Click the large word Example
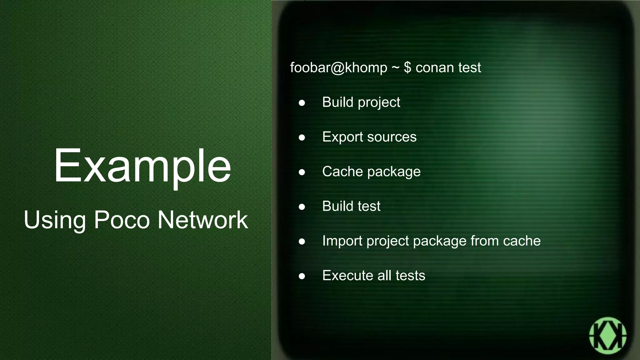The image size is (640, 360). click(x=142, y=166)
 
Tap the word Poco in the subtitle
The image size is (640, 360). click(x=122, y=220)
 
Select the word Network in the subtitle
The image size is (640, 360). click(x=202, y=220)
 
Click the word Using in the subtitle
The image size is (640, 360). click(x=55, y=220)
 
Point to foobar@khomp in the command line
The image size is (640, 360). click(x=339, y=67)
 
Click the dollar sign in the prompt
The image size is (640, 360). click(x=407, y=67)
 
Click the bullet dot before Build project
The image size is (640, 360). click(x=302, y=103)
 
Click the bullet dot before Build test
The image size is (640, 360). click(x=302, y=207)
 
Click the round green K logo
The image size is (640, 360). click(x=607, y=336)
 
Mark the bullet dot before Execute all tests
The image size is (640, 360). click(x=302, y=276)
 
